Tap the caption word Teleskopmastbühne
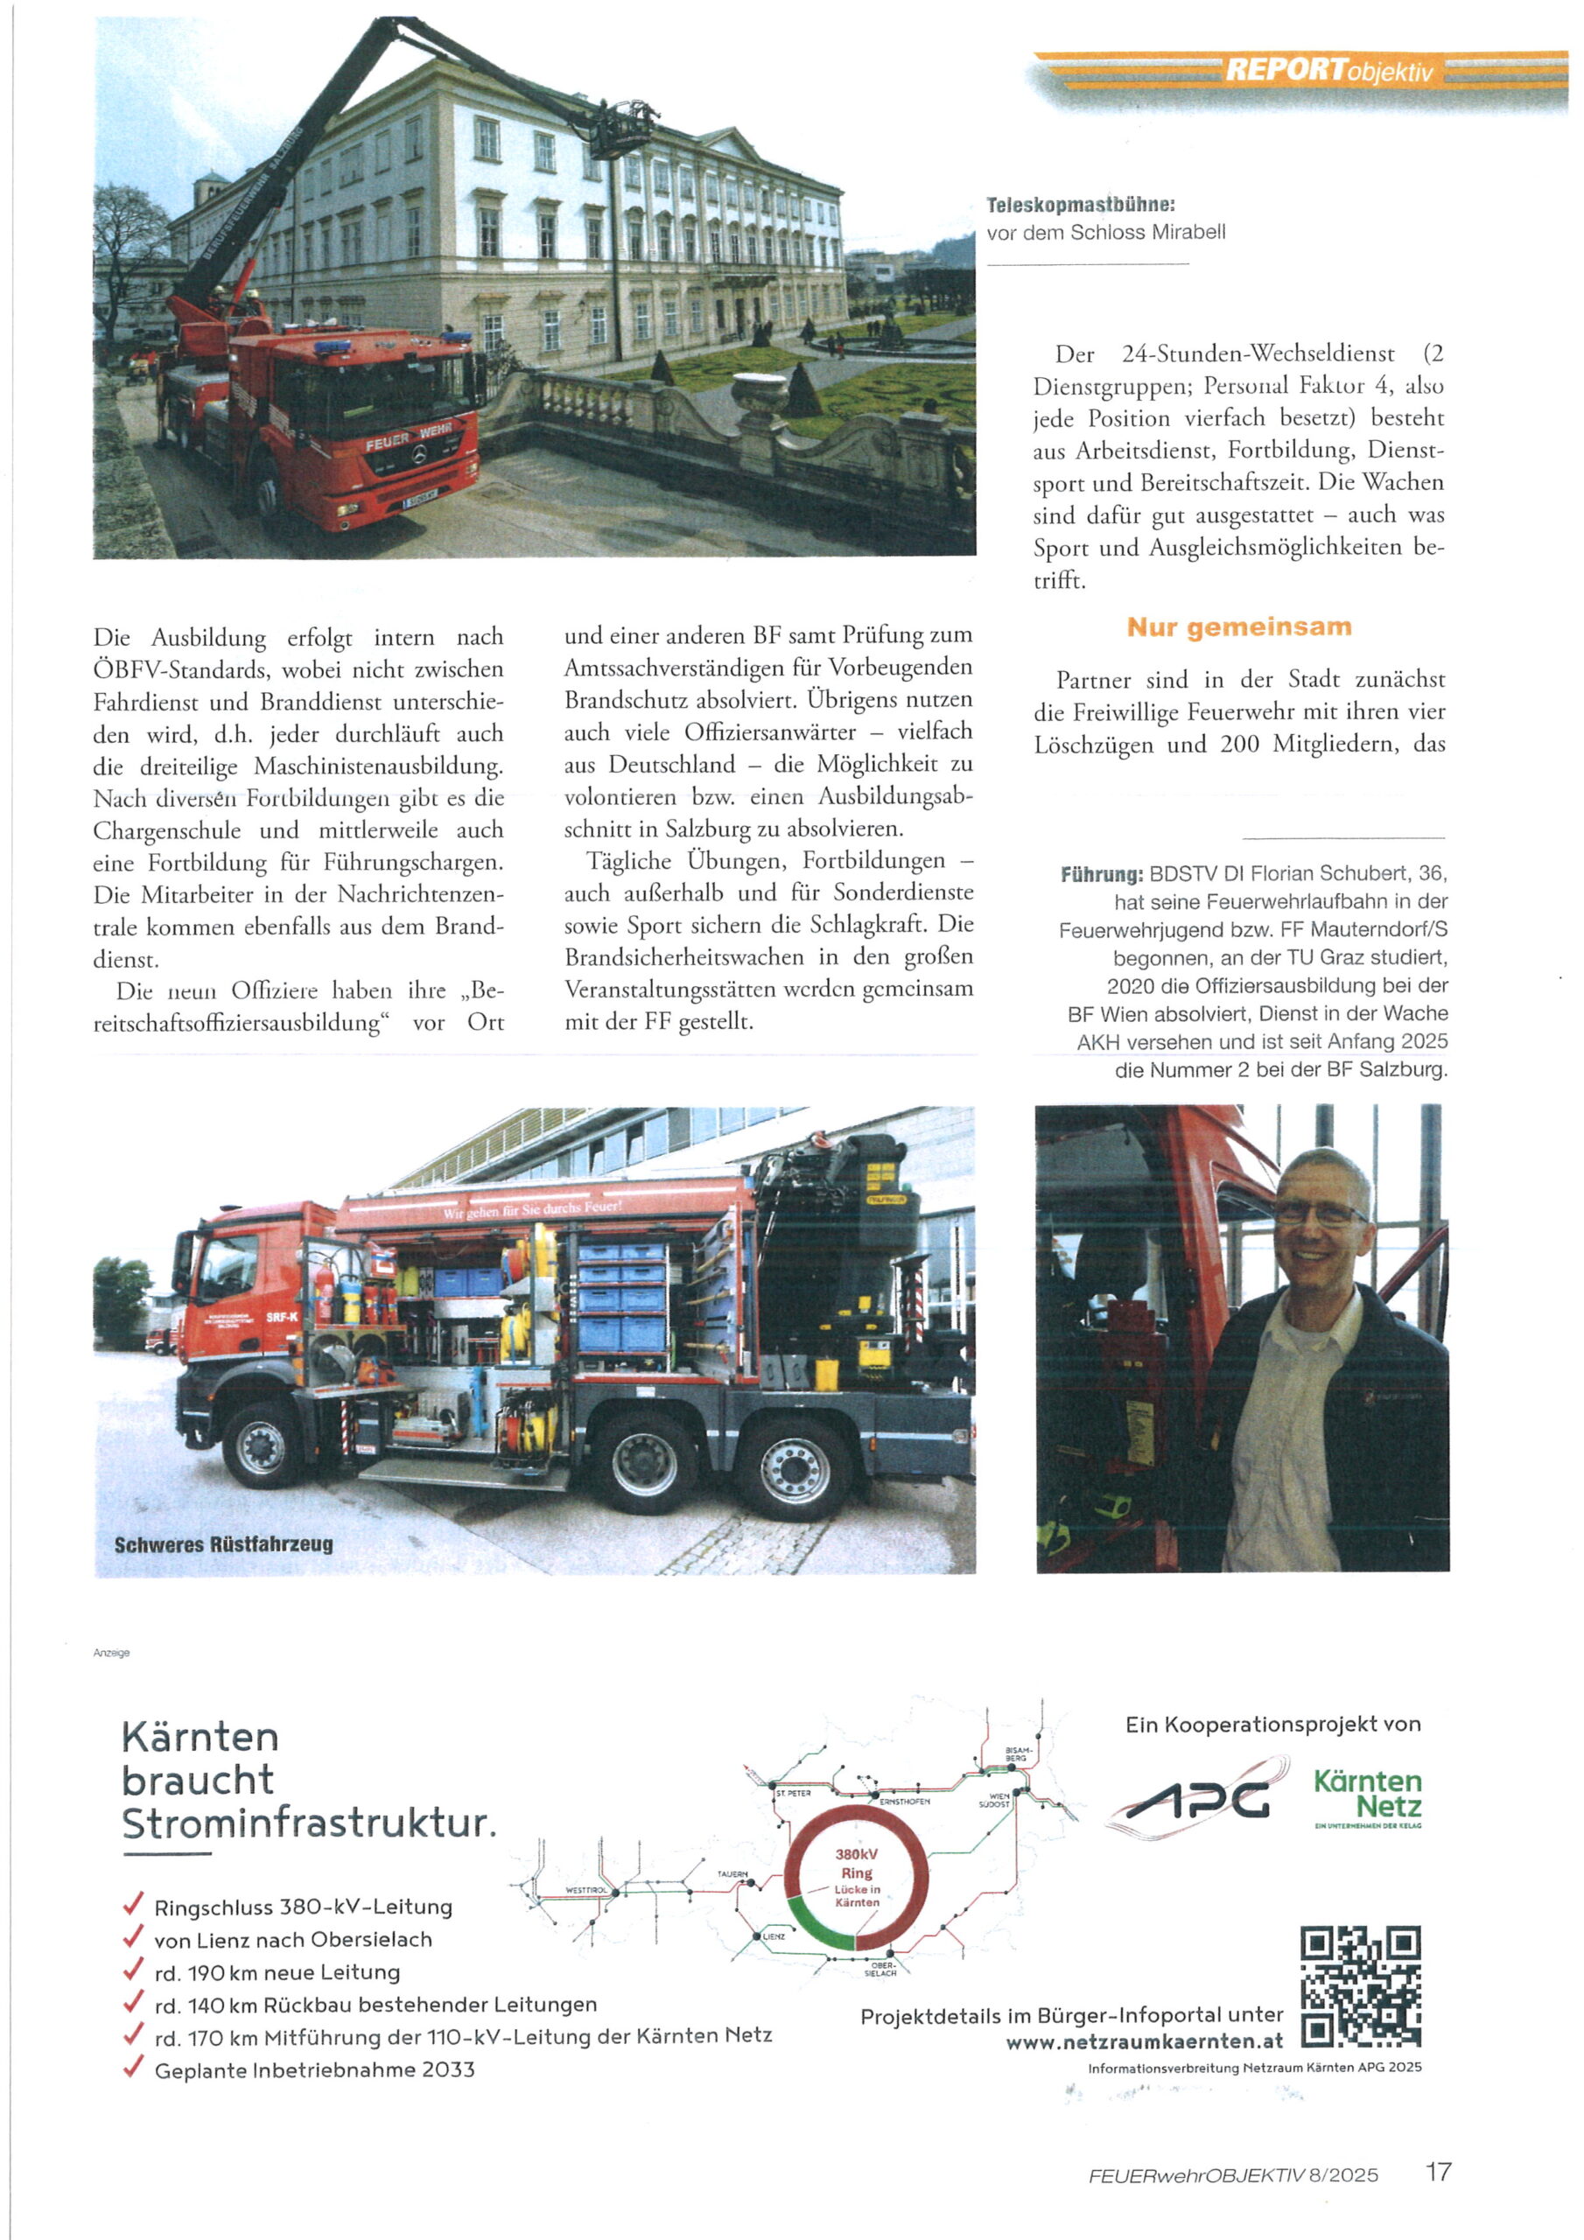tap(1081, 206)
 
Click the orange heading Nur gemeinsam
tap(1238, 627)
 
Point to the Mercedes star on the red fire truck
tap(417, 456)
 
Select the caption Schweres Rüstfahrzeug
tap(223, 1544)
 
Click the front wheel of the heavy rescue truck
tap(262, 1445)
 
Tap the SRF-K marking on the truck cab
tap(281, 1317)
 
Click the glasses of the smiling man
tap(1320, 1213)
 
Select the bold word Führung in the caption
tap(1101, 874)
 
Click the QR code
tap(1361, 1986)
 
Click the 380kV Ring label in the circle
tap(856, 1864)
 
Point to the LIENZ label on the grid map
tap(773, 1936)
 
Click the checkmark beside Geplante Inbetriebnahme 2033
tap(133, 2067)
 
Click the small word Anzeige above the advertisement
tap(111, 1653)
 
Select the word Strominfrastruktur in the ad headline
tap(308, 1823)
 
